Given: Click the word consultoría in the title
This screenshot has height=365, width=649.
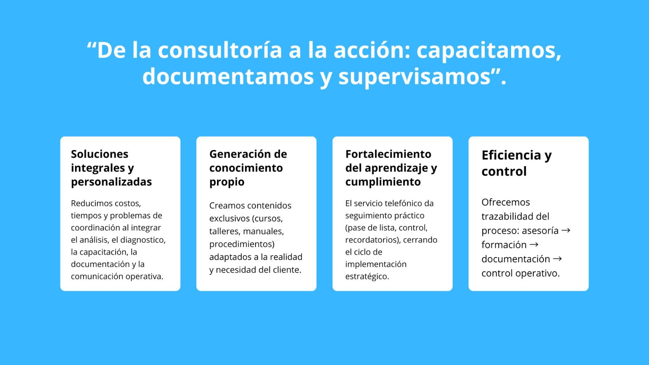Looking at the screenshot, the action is click(219, 50).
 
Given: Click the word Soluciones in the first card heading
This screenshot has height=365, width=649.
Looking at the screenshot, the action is click(100, 154).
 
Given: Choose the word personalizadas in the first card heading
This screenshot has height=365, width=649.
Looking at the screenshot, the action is click(111, 182).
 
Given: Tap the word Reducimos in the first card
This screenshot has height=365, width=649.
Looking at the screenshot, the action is click(89, 203).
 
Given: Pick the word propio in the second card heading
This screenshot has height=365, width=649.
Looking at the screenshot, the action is click(227, 182).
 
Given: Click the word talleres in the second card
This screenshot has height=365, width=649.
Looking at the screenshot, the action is click(225, 231).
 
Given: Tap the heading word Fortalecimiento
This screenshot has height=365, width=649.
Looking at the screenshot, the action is click(388, 154).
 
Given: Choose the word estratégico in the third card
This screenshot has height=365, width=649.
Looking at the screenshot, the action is click(367, 276).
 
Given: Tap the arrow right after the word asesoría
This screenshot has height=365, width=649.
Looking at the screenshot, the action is click(566, 231).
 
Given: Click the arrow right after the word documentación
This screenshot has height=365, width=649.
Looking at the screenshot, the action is click(557, 259).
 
